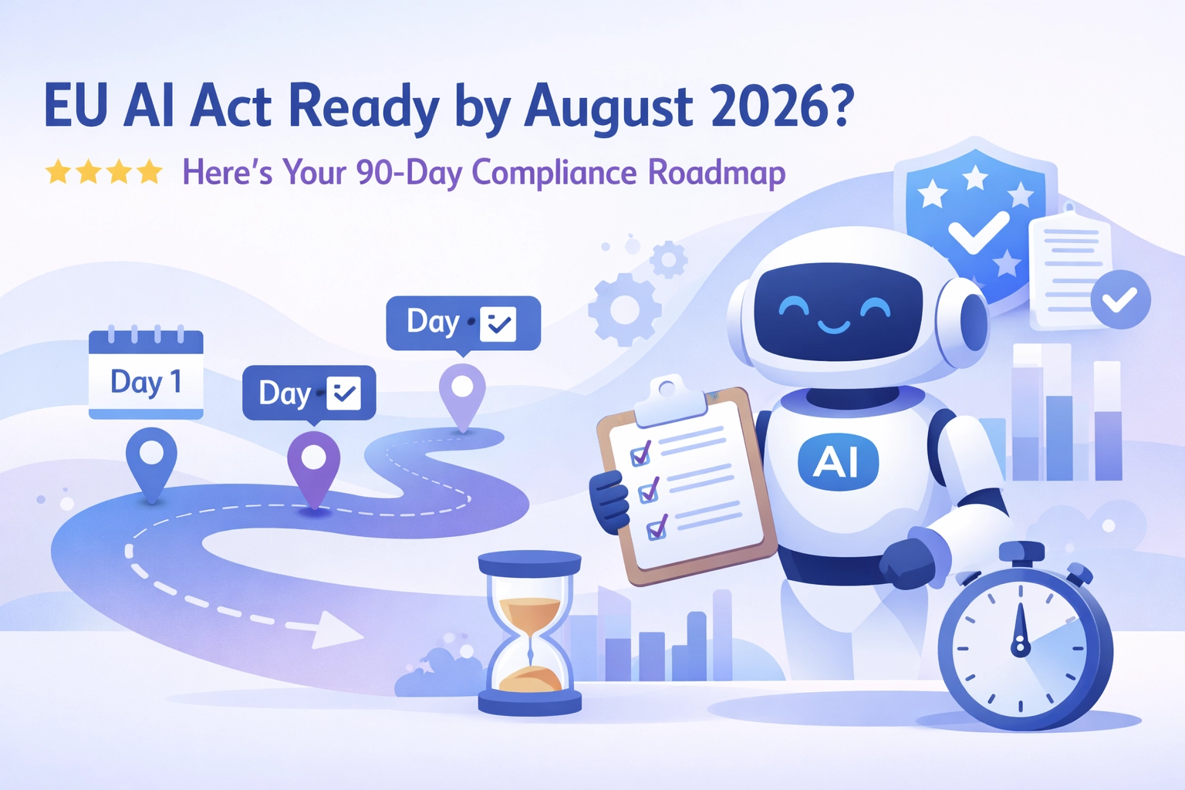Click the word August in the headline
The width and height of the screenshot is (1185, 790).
tap(609, 107)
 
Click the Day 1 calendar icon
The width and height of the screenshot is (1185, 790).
tap(146, 374)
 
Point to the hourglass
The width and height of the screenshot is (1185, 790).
tap(529, 631)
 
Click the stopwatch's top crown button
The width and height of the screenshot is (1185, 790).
tap(1021, 552)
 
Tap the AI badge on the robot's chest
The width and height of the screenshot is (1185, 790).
tap(838, 461)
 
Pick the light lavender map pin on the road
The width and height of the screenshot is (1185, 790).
tap(462, 393)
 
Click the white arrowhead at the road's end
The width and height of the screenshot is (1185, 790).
tap(336, 629)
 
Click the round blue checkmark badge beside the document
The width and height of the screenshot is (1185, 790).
tap(1121, 299)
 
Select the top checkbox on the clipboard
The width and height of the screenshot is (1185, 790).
tap(640, 454)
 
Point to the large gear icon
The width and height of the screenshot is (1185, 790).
tap(624, 309)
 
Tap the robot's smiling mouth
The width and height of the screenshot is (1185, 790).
tap(834, 328)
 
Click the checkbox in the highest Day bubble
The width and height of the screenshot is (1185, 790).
tap(498, 324)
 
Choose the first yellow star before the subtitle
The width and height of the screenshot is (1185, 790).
tap(58, 172)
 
